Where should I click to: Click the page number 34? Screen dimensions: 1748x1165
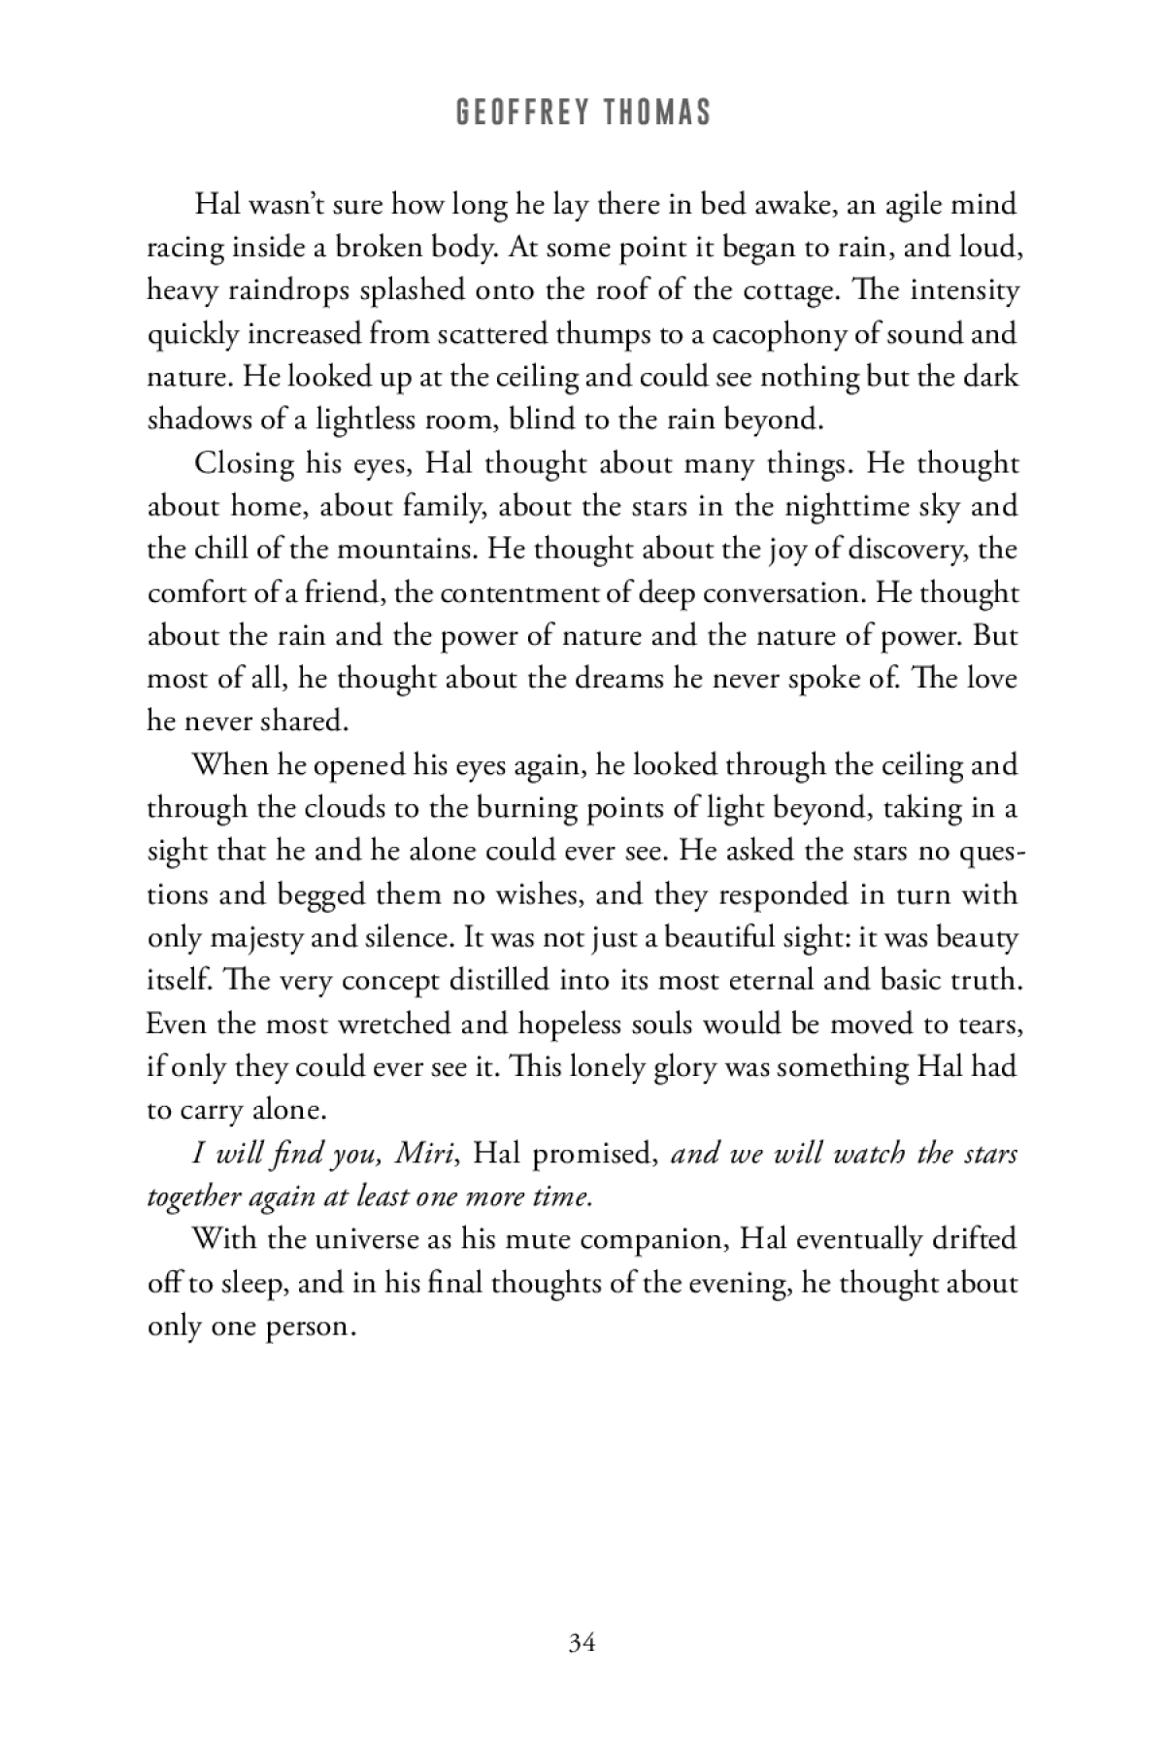coord(582,1642)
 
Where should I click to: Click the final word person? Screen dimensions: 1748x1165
coord(308,1327)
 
